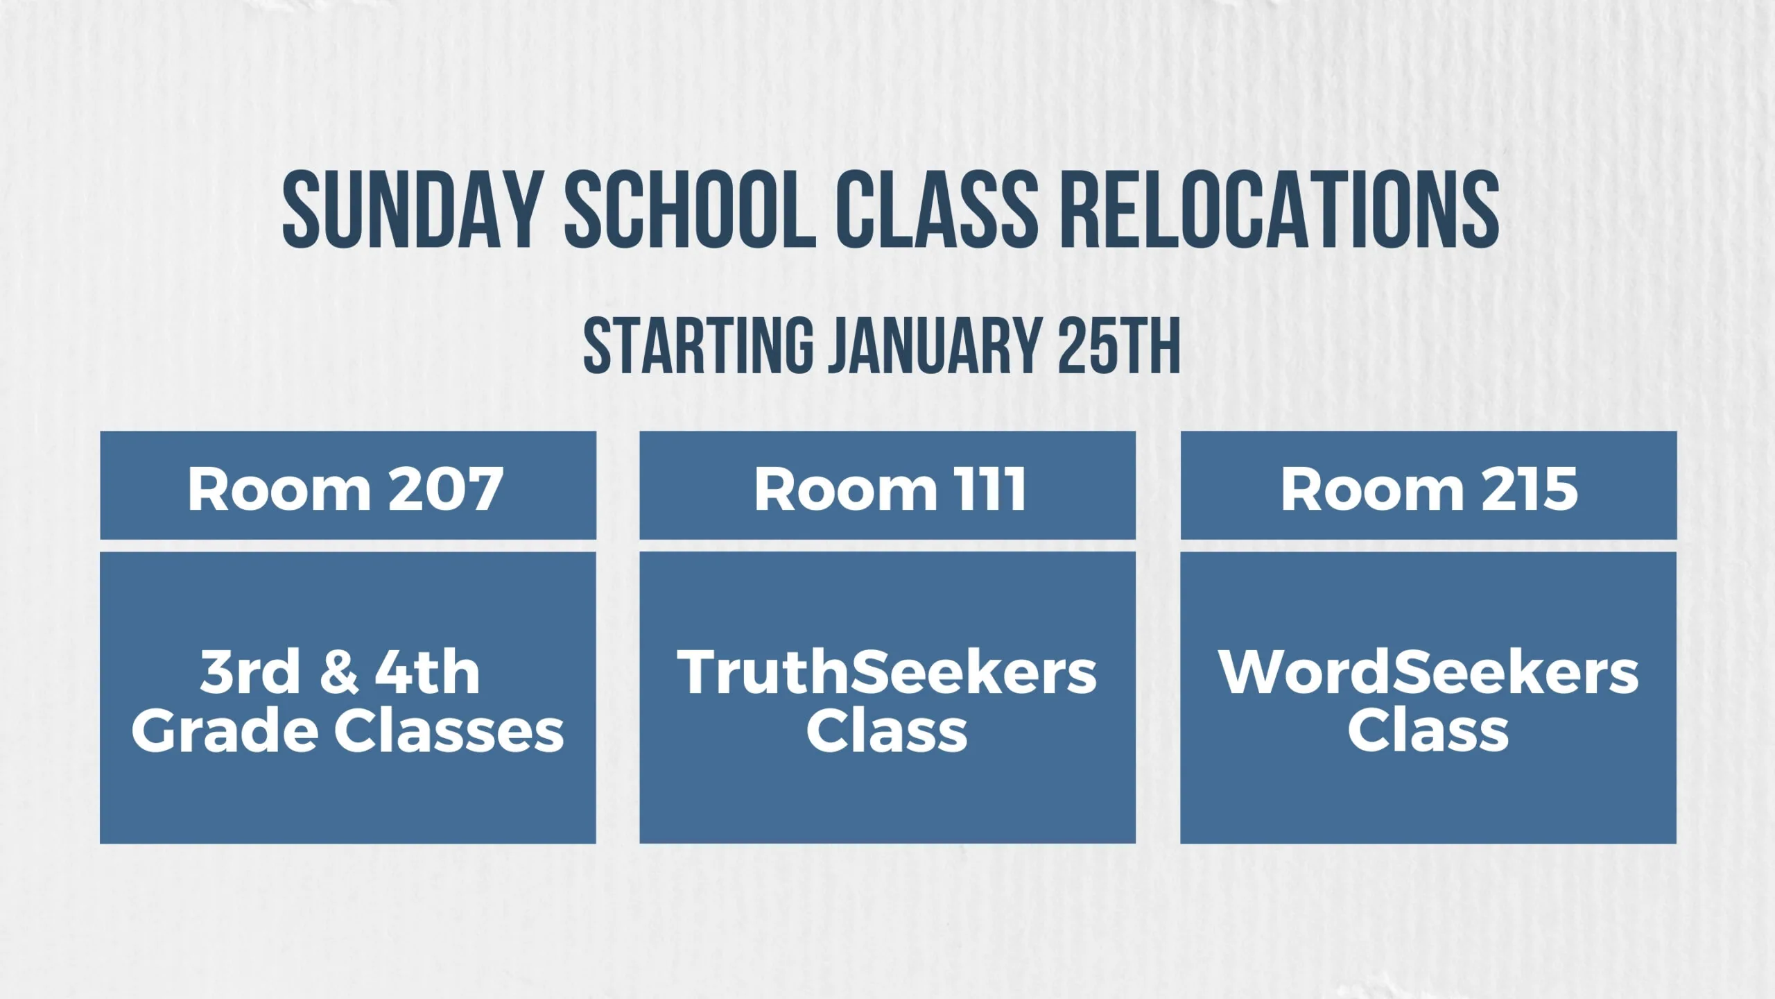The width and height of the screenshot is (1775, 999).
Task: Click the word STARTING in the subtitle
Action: (698, 345)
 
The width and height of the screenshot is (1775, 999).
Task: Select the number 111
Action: (992, 489)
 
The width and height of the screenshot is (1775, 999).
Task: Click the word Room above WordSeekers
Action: (1371, 489)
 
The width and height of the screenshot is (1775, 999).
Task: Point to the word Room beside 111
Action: (844, 489)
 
